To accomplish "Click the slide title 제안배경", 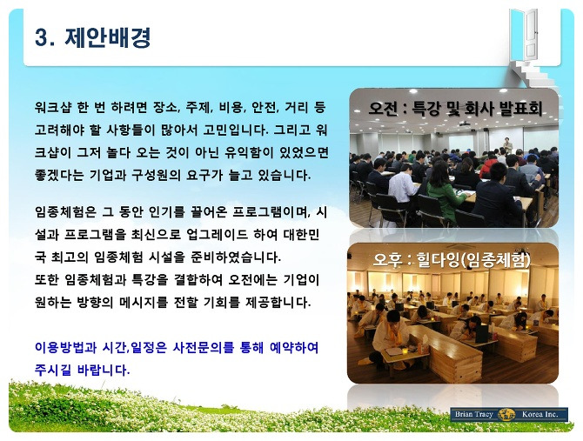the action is tap(108, 37).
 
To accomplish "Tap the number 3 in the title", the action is tap(41, 37).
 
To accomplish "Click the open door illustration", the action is tap(529, 34).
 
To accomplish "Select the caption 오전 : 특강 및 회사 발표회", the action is tap(455, 108).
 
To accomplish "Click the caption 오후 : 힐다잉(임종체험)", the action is tap(452, 260).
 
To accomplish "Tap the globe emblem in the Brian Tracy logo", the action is tap(507, 414).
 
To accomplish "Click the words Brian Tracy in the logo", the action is tap(473, 414).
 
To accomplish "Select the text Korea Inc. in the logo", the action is tap(539, 414).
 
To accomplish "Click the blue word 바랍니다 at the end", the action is tap(104, 370).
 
